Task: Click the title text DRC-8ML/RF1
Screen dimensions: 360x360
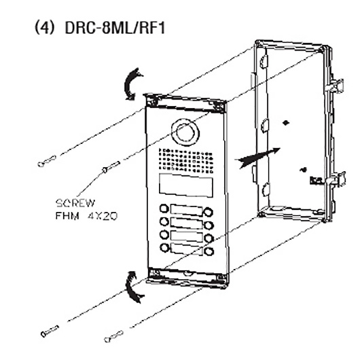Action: pyautogui.click(x=115, y=28)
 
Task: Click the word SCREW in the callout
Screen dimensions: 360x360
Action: pyautogui.click(x=75, y=203)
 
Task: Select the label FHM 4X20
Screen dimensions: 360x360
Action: pyautogui.click(x=86, y=216)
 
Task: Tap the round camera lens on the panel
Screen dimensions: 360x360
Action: pyautogui.click(x=185, y=132)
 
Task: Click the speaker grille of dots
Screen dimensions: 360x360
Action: pyautogui.click(x=185, y=161)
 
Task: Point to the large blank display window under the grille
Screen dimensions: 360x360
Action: pyautogui.click(x=185, y=185)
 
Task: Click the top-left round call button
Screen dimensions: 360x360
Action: pyautogui.click(x=164, y=209)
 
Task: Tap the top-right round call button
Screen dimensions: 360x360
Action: pyautogui.click(x=209, y=212)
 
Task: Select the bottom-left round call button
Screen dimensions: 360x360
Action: pyautogui.click(x=164, y=247)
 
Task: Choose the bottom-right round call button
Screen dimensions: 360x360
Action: pyautogui.click(x=209, y=251)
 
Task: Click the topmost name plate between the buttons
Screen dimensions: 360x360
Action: pyautogui.click(x=186, y=211)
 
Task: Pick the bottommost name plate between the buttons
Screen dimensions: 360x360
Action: pyautogui.click(x=187, y=249)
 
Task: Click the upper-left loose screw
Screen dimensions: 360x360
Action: pyautogui.click(x=47, y=161)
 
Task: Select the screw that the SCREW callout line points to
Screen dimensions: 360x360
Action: pyautogui.click(x=111, y=167)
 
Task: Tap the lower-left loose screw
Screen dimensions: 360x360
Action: pyautogui.click(x=50, y=331)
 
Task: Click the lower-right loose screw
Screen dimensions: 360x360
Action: pyautogui.click(x=113, y=336)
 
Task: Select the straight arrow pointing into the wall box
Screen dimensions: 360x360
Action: pyautogui.click(x=257, y=158)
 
